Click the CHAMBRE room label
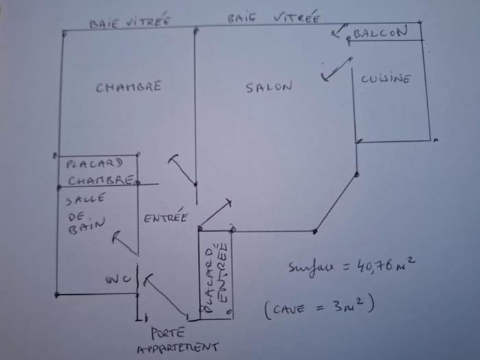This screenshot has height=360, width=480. [128, 87]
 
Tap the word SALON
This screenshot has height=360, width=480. [269, 87]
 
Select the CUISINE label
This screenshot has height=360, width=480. [386, 79]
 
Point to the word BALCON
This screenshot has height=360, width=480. [380, 33]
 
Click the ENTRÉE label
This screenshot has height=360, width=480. [165, 218]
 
